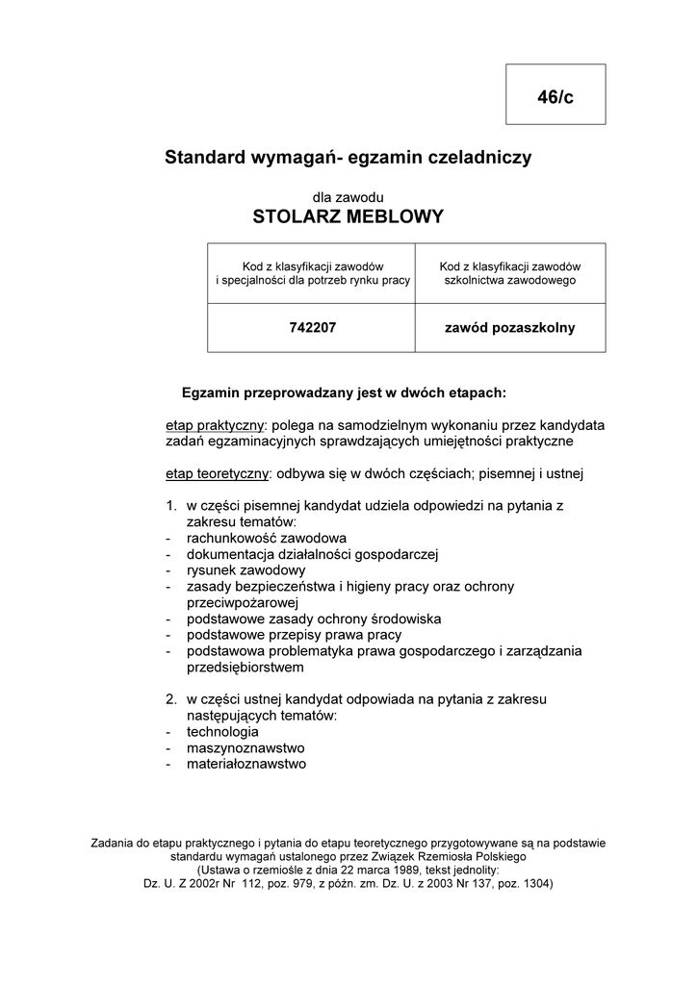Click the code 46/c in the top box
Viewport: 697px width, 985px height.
point(555,97)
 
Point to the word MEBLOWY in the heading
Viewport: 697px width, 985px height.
point(397,216)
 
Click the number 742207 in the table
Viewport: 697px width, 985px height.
point(312,328)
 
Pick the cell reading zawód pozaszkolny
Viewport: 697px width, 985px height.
point(509,328)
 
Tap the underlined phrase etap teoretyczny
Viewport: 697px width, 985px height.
point(217,473)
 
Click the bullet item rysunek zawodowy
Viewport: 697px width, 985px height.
point(232,569)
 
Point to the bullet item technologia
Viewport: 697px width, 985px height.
point(222,732)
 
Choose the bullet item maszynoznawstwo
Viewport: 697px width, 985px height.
point(245,748)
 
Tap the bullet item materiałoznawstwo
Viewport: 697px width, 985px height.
point(245,765)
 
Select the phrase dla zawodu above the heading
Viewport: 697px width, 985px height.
point(348,196)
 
